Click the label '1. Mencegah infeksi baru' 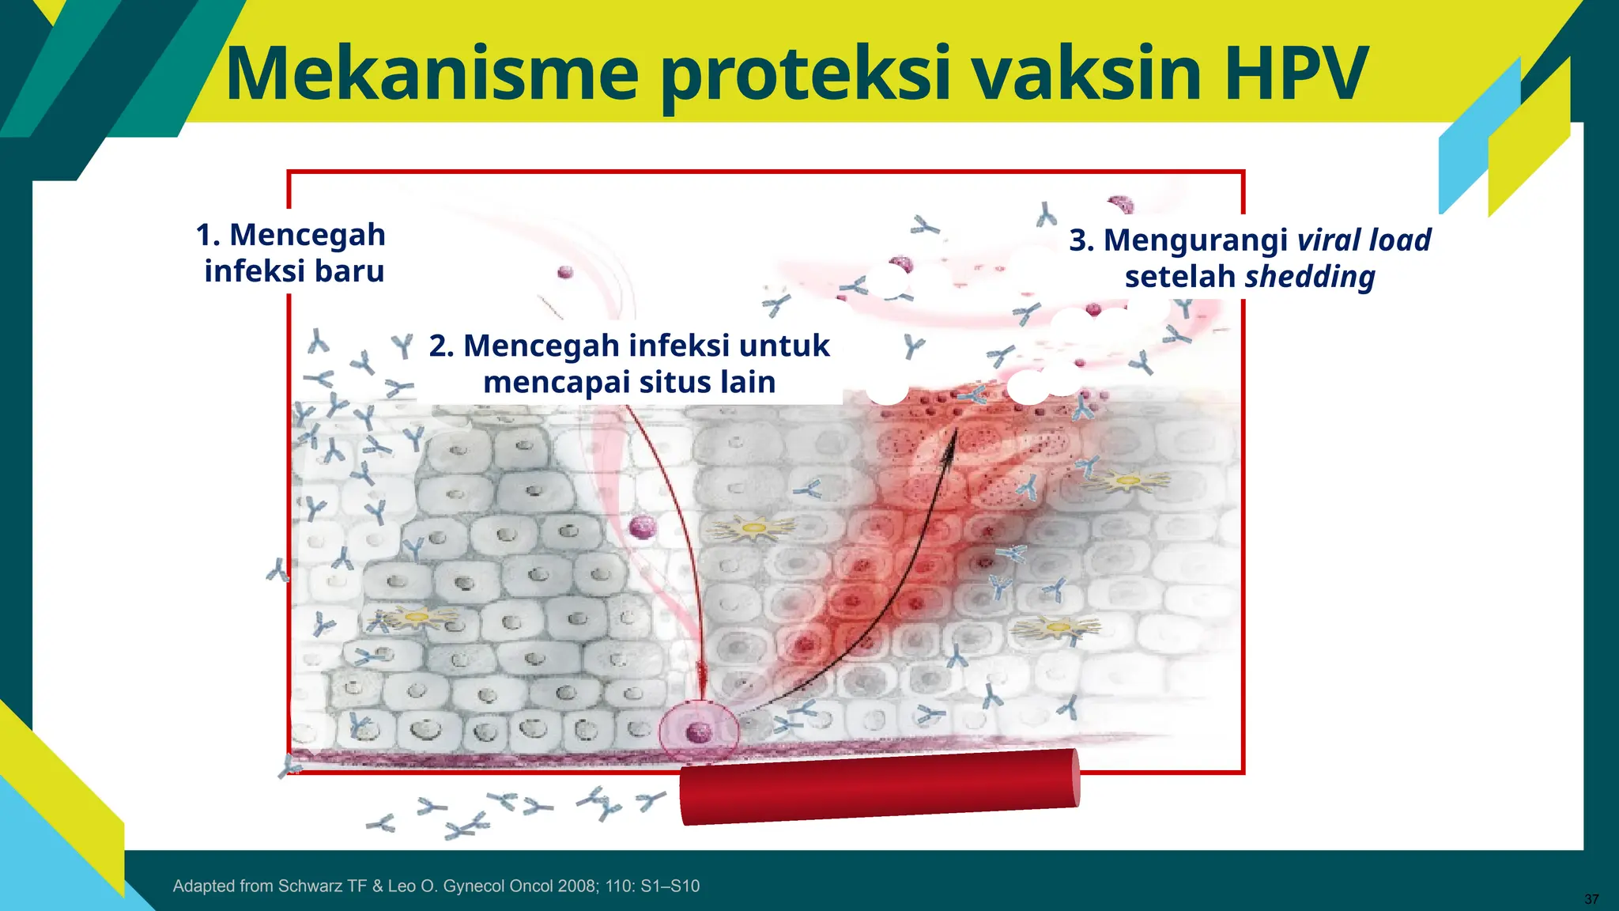[292, 252]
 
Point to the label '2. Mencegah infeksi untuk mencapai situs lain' [629, 364]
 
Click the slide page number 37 [1591, 899]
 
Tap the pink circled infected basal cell [699, 732]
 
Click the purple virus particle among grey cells [643, 527]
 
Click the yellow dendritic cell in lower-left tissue [414, 616]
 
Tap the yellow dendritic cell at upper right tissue [1127, 480]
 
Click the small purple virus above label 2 [564, 272]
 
